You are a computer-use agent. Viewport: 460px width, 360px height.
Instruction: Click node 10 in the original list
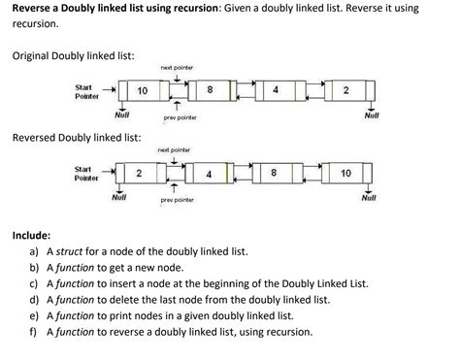[143, 90]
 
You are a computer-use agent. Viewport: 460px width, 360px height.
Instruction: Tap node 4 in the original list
[278, 90]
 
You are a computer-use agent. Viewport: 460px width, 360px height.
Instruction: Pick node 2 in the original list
[346, 90]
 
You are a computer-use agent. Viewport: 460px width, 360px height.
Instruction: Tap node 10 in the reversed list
[346, 174]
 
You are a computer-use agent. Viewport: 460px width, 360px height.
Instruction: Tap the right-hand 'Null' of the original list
[371, 115]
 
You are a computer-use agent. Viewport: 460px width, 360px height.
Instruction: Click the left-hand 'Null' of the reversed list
[119, 198]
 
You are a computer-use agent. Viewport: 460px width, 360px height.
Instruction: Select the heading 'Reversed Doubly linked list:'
[77, 138]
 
